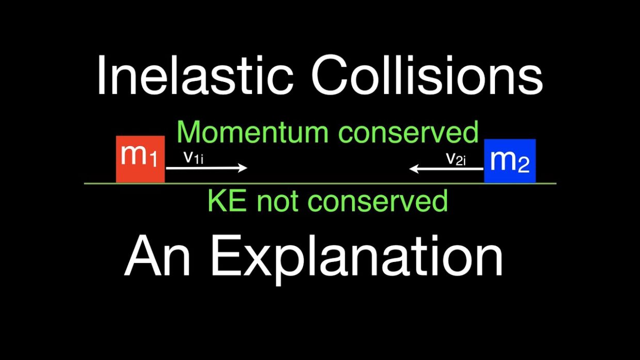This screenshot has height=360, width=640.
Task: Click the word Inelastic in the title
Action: (x=196, y=75)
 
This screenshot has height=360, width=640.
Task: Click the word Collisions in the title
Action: (x=427, y=75)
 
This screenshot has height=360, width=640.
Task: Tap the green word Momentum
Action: (x=252, y=132)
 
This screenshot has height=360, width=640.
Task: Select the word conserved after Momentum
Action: (x=408, y=132)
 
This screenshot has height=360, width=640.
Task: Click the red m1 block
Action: (x=140, y=159)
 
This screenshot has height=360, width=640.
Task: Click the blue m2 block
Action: (x=510, y=161)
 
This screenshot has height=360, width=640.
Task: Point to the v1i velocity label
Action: (x=194, y=158)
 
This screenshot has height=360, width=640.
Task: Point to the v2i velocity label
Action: (x=456, y=159)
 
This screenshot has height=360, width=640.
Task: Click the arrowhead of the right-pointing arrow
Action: (x=244, y=168)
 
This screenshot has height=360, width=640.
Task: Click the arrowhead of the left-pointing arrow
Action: (x=413, y=169)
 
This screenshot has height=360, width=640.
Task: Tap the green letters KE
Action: (x=228, y=201)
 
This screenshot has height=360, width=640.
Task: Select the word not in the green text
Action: (x=277, y=202)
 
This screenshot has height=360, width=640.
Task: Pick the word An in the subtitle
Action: (x=157, y=255)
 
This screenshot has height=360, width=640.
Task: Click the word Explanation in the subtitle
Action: (x=357, y=258)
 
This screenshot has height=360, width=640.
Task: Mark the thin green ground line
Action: (x=320, y=184)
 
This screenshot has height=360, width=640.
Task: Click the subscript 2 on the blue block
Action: (x=524, y=164)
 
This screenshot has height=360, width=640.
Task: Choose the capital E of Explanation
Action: (x=226, y=255)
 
